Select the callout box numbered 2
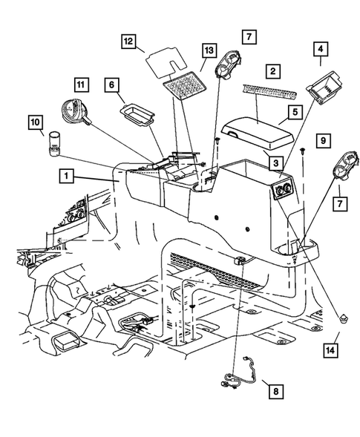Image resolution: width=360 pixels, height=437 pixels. (x=273, y=72)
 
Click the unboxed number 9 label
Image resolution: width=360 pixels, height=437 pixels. (x=321, y=139)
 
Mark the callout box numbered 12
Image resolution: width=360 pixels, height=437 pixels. (x=128, y=42)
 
